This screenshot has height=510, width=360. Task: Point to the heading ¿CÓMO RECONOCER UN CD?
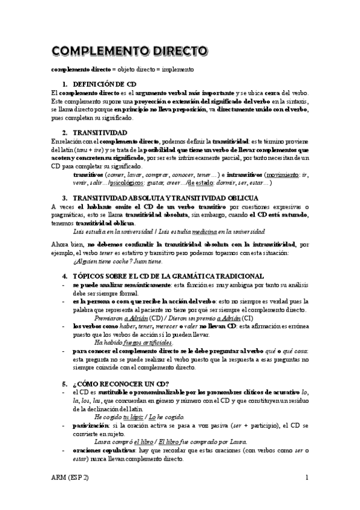point(120,383)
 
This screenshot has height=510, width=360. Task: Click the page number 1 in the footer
point(307,478)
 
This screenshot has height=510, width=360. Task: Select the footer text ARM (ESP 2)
point(73,478)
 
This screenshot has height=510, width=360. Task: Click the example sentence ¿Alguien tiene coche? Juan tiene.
point(117,262)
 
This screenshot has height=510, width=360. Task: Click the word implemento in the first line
point(176,69)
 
